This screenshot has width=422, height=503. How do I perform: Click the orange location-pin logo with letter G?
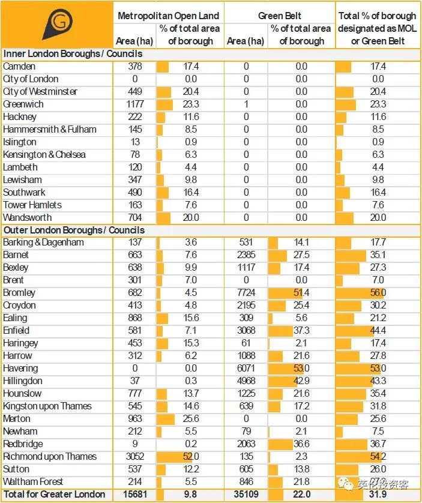57,25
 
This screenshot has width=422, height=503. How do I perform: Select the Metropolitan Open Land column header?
168,16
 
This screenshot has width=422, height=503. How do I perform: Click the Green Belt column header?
279,16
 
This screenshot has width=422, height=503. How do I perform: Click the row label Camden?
19,67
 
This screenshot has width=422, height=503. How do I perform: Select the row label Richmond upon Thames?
50,456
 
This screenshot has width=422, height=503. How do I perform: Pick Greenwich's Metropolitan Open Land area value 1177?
135,104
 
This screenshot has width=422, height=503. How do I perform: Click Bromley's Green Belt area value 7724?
246,293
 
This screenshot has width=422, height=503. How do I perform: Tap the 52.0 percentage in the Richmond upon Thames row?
191,456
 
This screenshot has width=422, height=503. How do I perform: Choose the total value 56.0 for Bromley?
378,293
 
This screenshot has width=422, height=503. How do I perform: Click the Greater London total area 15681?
134,494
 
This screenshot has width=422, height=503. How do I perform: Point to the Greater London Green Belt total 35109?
246,494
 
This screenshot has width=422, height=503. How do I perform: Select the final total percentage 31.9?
378,494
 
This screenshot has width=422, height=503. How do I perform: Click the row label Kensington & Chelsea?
44,154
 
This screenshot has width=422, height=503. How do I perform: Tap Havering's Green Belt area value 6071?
246,369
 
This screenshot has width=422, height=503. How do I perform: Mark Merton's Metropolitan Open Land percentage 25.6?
191,418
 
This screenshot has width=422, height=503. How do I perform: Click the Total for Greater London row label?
54,494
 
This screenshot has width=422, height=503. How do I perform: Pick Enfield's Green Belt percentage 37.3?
301,331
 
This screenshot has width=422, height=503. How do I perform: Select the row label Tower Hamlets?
32,205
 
